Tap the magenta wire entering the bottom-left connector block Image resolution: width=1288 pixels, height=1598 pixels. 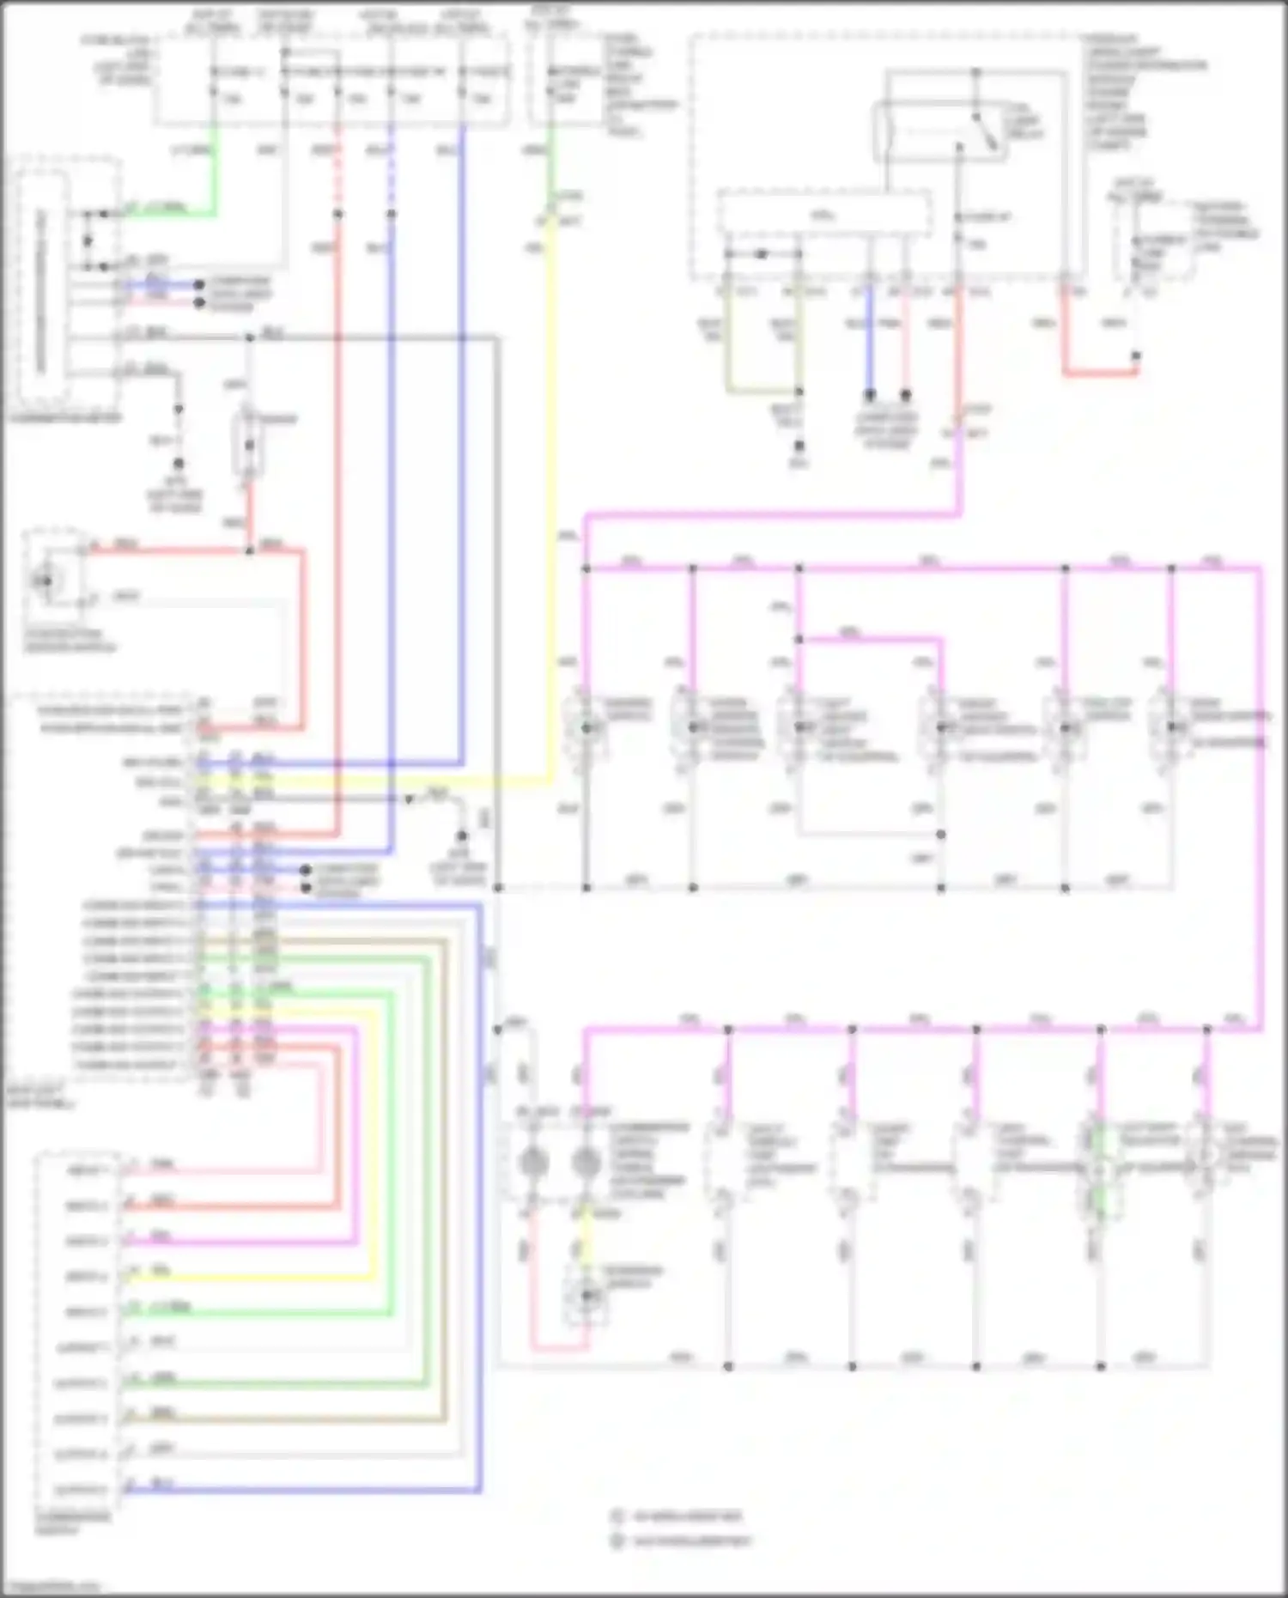258,1243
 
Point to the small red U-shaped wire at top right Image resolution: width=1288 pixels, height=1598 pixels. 1099,372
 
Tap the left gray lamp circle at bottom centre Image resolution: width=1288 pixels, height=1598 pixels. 533,1164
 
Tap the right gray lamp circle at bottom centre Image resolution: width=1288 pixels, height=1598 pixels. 586,1164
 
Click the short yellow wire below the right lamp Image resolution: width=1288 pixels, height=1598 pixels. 586,1236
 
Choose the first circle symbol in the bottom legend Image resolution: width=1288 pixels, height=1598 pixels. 617,1516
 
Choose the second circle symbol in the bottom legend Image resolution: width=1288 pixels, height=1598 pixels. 617,1541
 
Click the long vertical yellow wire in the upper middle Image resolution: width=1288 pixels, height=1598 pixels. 550,515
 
